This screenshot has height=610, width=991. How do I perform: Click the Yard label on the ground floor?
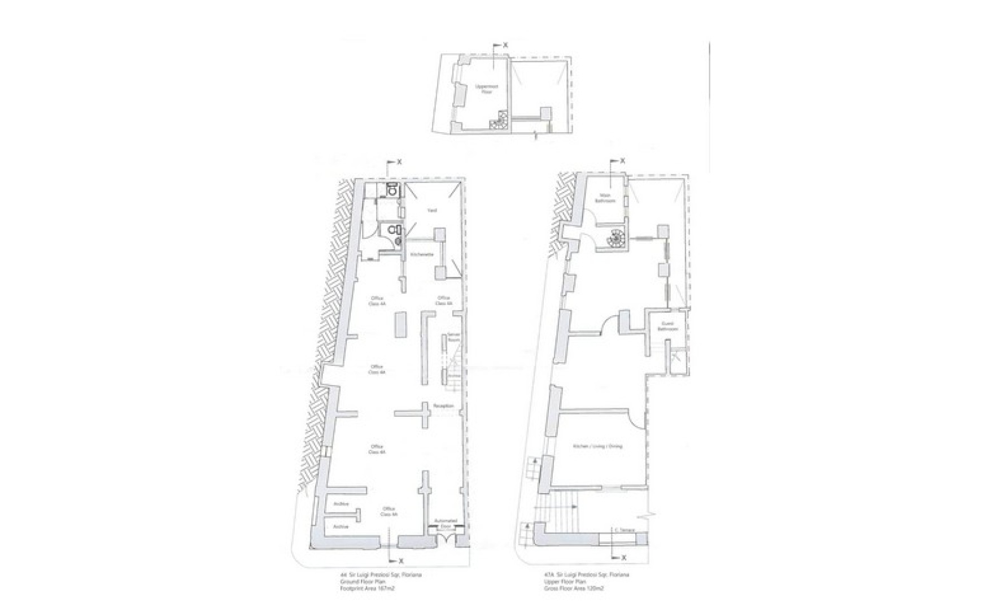tap(432, 211)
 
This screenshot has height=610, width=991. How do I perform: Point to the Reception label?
tap(443, 406)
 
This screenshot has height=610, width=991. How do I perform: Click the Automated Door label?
tap(446, 524)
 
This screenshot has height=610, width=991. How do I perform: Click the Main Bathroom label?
tap(605, 198)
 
